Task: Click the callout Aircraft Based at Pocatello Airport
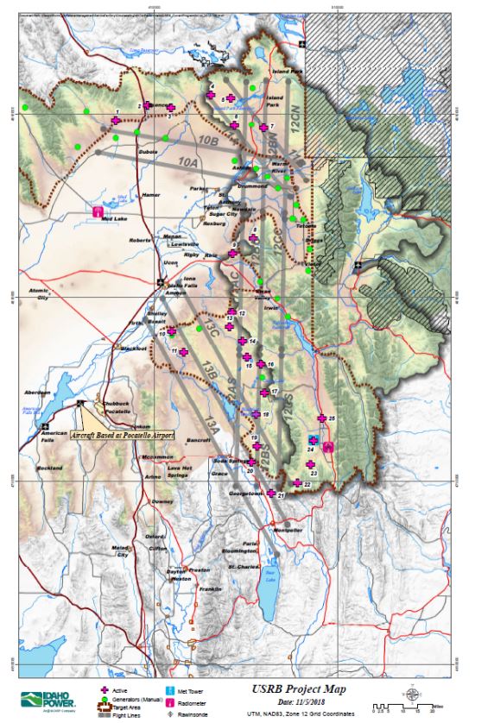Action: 122,436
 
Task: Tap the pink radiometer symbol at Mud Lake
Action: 98,211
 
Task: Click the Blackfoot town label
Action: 134,349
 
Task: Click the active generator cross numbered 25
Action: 321,418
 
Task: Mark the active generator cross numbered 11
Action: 182,351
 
